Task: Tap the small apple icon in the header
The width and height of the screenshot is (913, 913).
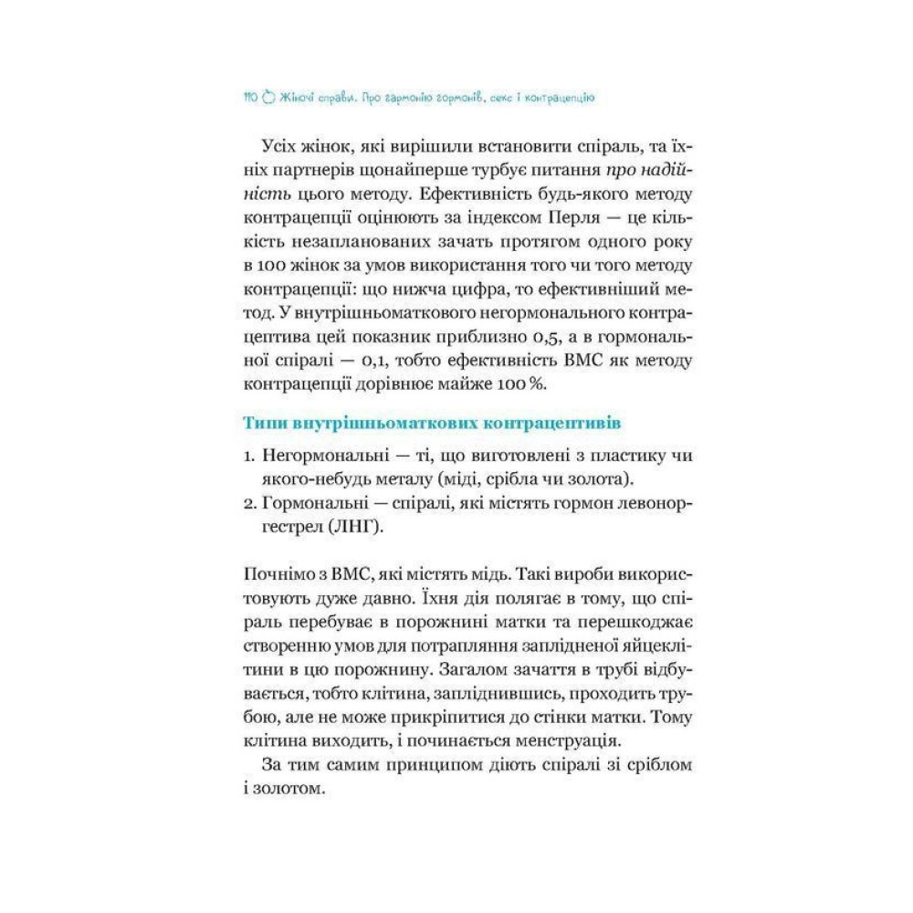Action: pyautogui.click(x=268, y=95)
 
